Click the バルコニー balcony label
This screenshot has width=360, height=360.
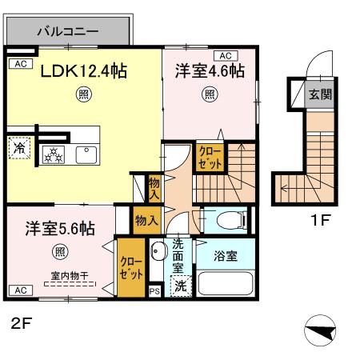[67, 33]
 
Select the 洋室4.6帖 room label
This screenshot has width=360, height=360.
[210, 71]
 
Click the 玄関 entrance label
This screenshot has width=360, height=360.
[320, 94]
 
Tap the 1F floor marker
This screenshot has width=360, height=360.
[320, 217]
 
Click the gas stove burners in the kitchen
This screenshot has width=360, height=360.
[54, 154]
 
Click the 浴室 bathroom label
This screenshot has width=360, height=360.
[225, 257]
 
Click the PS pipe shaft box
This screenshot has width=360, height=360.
[154, 291]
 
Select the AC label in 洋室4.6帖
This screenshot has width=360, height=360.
[225, 55]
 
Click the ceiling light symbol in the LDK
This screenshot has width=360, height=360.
[83, 96]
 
